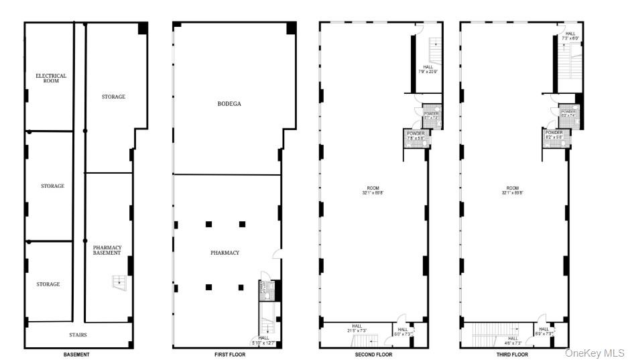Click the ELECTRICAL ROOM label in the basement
click(x=51, y=78)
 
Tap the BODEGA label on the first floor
click(x=229, y=104)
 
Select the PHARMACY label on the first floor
click(x=225, y=253)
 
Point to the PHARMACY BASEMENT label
click(x=107, y=250)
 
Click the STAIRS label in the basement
click(x=77, y=335)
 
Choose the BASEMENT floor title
click(x=76, y=354)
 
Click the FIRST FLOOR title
click(x=229, y=354)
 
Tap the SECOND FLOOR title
click(x=374, y=354)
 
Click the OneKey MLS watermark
click(x=594, y=353)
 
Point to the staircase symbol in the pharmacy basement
click(x=119, y=282)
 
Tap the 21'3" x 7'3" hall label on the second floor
click(x=357, y=328)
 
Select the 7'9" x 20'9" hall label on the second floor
click(x=428, y=70)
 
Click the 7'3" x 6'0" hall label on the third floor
click(x=570, y=36)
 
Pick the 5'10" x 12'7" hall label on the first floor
click(x=263, y=341)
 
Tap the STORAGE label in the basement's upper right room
click(x=113, y=97)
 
